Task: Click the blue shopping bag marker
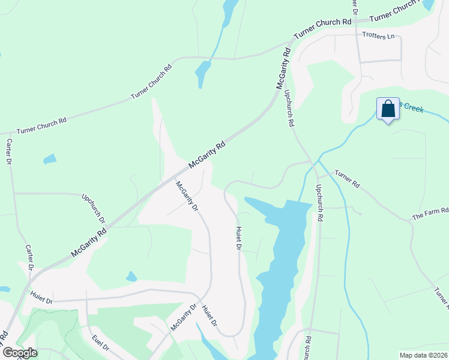388,109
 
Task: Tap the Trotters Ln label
378,36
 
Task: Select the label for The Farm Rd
430,214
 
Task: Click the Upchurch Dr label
94,208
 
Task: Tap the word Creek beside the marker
413,108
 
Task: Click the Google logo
19,353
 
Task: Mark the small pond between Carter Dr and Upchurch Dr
50,160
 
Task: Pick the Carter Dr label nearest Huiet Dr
29,258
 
